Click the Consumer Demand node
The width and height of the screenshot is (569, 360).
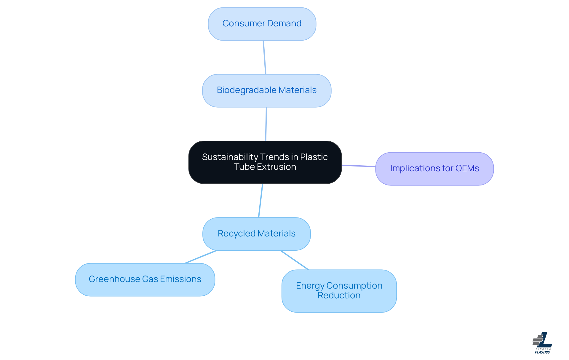point(262,24)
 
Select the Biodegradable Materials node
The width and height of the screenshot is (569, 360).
point(266,91)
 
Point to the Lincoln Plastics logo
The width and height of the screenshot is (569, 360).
point(542,343)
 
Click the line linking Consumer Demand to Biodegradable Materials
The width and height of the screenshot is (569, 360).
point(264,57)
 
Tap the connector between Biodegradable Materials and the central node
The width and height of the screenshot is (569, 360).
point(266,124)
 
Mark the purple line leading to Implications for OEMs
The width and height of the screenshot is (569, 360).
point(359,166)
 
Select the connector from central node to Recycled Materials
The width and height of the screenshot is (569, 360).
point(260,201)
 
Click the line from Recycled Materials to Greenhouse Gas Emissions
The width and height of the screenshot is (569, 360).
point(201,257)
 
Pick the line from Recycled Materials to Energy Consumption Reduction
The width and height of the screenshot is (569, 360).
point(294,260)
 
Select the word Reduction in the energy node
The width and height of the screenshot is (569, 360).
point(339,295)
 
